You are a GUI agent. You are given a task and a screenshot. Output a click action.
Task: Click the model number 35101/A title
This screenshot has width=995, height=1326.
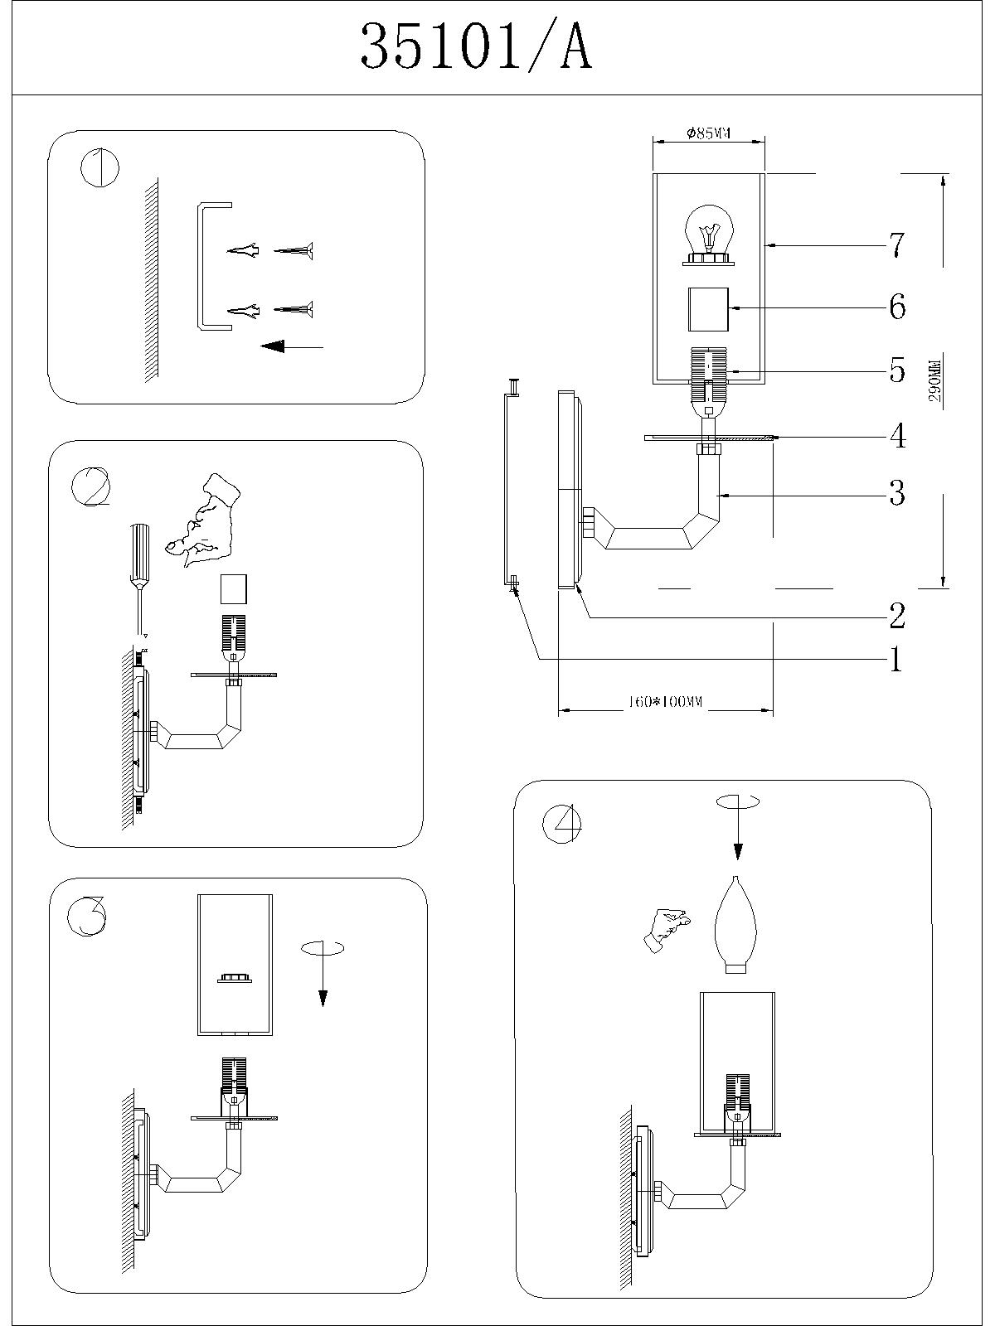pyautogui.click(x=476, y=48)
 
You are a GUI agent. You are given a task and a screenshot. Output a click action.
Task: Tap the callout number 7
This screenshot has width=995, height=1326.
pyautogui.click(x=896, y=245)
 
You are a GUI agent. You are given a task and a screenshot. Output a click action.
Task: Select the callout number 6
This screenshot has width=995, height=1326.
pyautogui.click(x=896, y=307)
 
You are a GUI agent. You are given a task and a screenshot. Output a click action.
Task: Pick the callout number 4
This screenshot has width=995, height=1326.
pyautogui.click(x=896, y=436)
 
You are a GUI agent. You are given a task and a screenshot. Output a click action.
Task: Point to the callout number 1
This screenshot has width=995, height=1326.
pyautogui.click(x=895, y=660)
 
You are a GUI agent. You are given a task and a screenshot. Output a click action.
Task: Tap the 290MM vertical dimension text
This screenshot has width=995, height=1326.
pyautogui.click(x=935, y=380)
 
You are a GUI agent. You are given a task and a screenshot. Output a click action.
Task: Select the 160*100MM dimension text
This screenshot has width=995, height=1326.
pyautogui.click(x=664, y=702)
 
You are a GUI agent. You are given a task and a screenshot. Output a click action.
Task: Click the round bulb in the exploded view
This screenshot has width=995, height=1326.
pyautogui.click(x=708, y=235)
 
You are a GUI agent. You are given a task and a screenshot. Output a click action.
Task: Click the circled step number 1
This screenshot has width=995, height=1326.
pyautogui.click(x=99, y=168)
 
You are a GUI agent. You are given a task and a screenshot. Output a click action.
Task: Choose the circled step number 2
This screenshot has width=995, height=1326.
pyautogui.click(x=91, y=486)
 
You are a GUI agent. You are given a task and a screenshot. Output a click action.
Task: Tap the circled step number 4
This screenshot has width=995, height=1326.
pyautogui.click(x=562, y=823)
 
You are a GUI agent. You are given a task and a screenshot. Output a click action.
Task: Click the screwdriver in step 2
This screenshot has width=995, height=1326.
pyautogui.click(x=139, y=564)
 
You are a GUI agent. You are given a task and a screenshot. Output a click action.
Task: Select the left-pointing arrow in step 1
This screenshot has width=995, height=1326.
pyautogui.click(x=291, y=346)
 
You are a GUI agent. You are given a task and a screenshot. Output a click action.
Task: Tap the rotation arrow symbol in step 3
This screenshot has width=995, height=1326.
pyautogui.click(x=322, y=961)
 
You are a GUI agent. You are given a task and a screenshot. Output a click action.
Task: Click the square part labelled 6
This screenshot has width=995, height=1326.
pyautogui.click(x=708, y=308)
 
